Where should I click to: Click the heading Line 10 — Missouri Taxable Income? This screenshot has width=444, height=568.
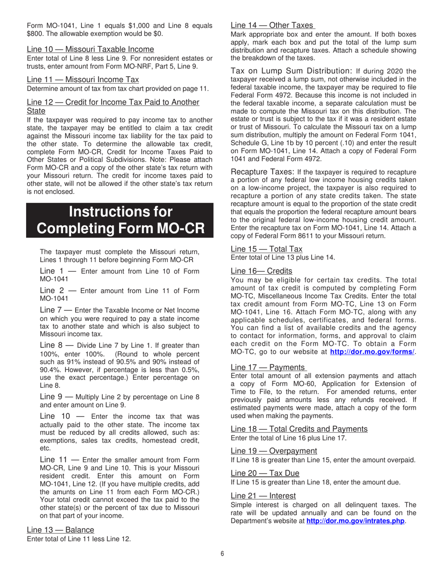(x=90, y=49)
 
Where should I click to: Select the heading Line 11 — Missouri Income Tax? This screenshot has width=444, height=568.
(x=83, y=80)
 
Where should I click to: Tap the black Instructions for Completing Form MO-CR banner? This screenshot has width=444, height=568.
(x=120, y=220)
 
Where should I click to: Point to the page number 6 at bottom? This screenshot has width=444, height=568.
(x=222, y=554)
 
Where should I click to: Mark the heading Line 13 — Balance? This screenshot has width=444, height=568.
(x=60, y=530)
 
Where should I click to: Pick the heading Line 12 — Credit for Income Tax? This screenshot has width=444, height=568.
(x=113, y=102)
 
